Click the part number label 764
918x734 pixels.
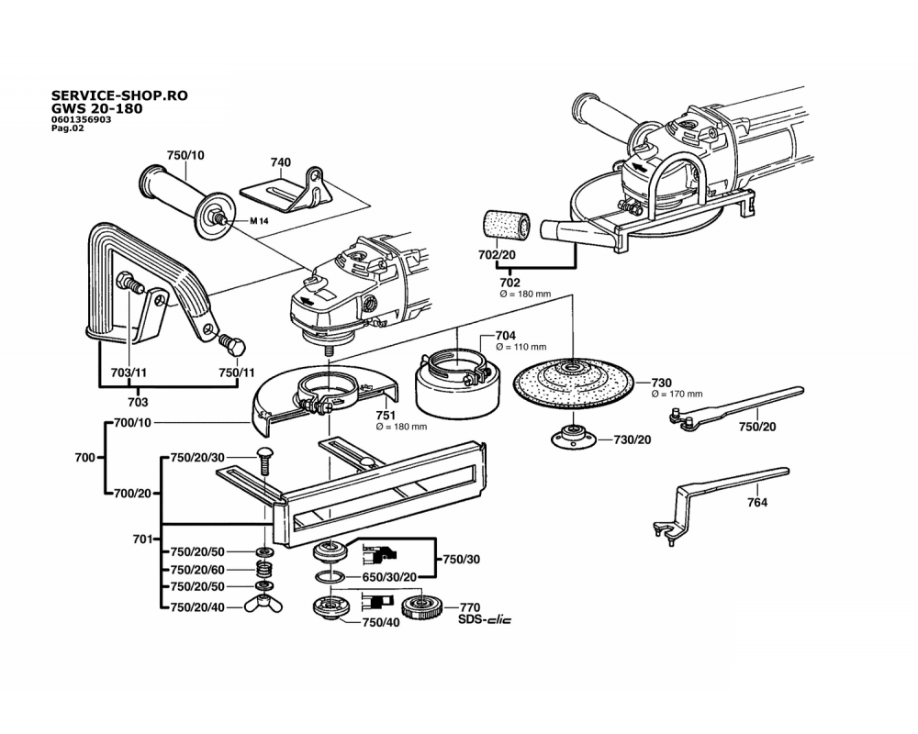pos(757,503)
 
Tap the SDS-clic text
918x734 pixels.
pos(485,620)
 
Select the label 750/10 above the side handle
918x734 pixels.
pos(185,154)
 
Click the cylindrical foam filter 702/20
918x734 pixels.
pos(504,227)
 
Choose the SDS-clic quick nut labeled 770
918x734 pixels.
pos(424,607)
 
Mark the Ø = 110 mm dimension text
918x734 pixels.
pos(521,347)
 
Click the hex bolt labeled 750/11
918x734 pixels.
pos(232,347)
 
